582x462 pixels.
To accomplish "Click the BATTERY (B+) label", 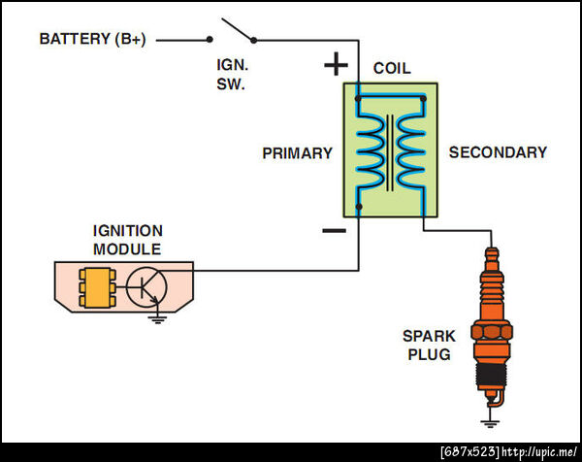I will pyautogui.click(x=92, y=40).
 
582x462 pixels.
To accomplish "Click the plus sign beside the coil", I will pyautogui.click(x=335, y=65).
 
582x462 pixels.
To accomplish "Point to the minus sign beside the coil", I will pyautogui.click(x=333, y=230).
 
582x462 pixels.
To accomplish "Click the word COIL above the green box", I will pyautogui.click(x=392, y=69).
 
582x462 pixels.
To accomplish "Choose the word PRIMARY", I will pyautogui.click(x=297, y=153).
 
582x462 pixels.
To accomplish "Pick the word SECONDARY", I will pyautogui.click(x=498, y=152).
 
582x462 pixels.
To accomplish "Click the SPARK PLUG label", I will pyautogui.click(x=427, y=346).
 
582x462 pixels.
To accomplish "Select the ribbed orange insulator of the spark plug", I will pyautogui.click(x=494, y=285).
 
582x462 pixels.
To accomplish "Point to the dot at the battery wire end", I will pyautogui.click(x=209, y=40).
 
